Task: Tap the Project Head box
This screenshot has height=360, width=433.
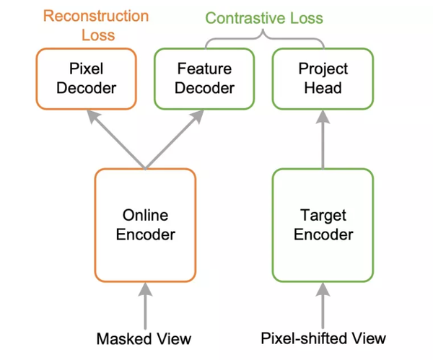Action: (323, 79)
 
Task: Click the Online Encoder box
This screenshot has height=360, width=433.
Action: (145, 224)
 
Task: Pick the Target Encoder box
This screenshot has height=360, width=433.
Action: (323, 224)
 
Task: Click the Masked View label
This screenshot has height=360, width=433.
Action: (145, 338)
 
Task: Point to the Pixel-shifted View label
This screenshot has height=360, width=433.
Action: (323, 338)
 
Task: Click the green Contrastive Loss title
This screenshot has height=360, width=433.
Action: (263, 17)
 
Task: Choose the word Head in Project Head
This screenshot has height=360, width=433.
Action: (323, 88)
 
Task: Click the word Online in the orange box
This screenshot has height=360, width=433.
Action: (145, 215)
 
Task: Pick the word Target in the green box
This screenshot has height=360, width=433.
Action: (323, 215)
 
